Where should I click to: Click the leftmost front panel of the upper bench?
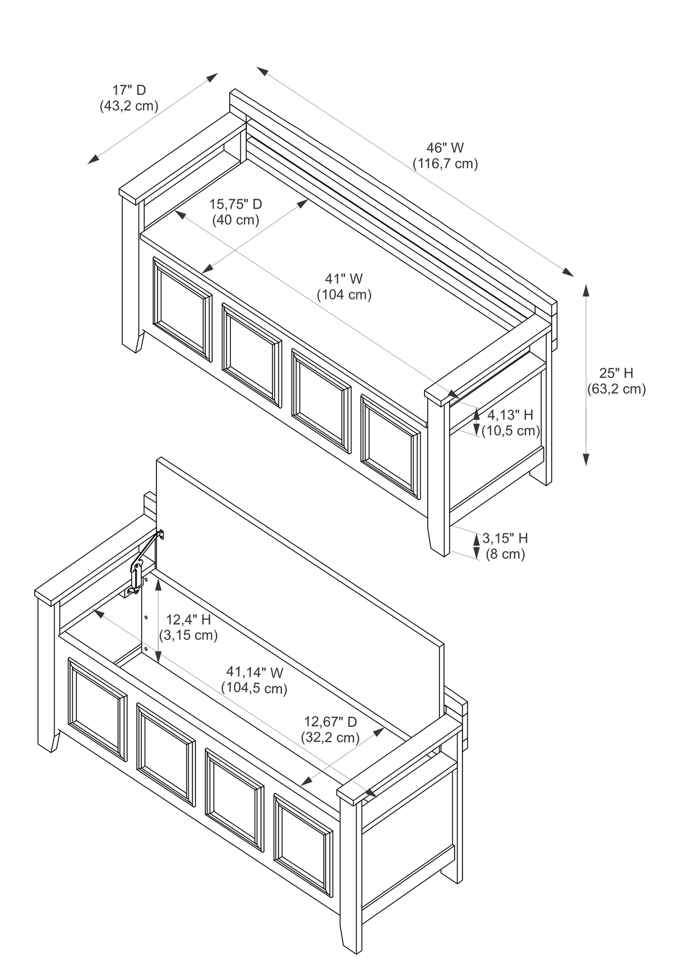coord(182,309)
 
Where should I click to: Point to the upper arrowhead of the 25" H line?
coord(585,290)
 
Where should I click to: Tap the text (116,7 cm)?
coord(445,163)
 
